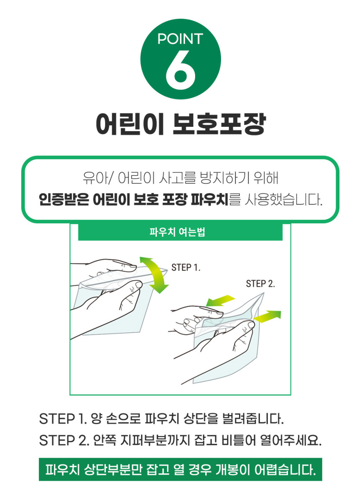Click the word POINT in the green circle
[180, 39]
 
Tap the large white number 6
[180, 70]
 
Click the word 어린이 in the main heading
[130, 124]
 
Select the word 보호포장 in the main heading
[220, 124]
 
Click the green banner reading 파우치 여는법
[180, 232]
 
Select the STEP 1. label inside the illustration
[186, 268]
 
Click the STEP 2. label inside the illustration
[260, 284]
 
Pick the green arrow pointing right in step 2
[267, 316]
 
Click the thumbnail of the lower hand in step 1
[139, 285]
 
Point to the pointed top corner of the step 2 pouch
[263, 293]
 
